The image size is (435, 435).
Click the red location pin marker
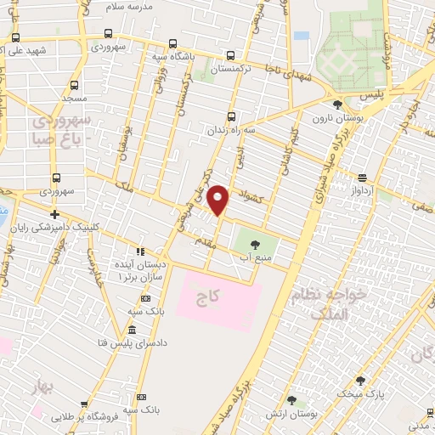pyautogui.click(x=219, y=200)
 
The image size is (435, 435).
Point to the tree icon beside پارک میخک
pyautogui.click(x=360, y=381)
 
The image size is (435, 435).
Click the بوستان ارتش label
pyautogui.click(x=319, y=412)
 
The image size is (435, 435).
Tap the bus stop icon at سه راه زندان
pyautogui.click(x=231, y=117)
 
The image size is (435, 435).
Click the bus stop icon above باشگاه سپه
pyautogui.click(x=173, y=43)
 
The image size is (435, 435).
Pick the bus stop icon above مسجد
pyautogui.click(x=74, y=86)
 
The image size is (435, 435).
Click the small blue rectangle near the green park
pyautogui.click(x=302, y=37)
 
